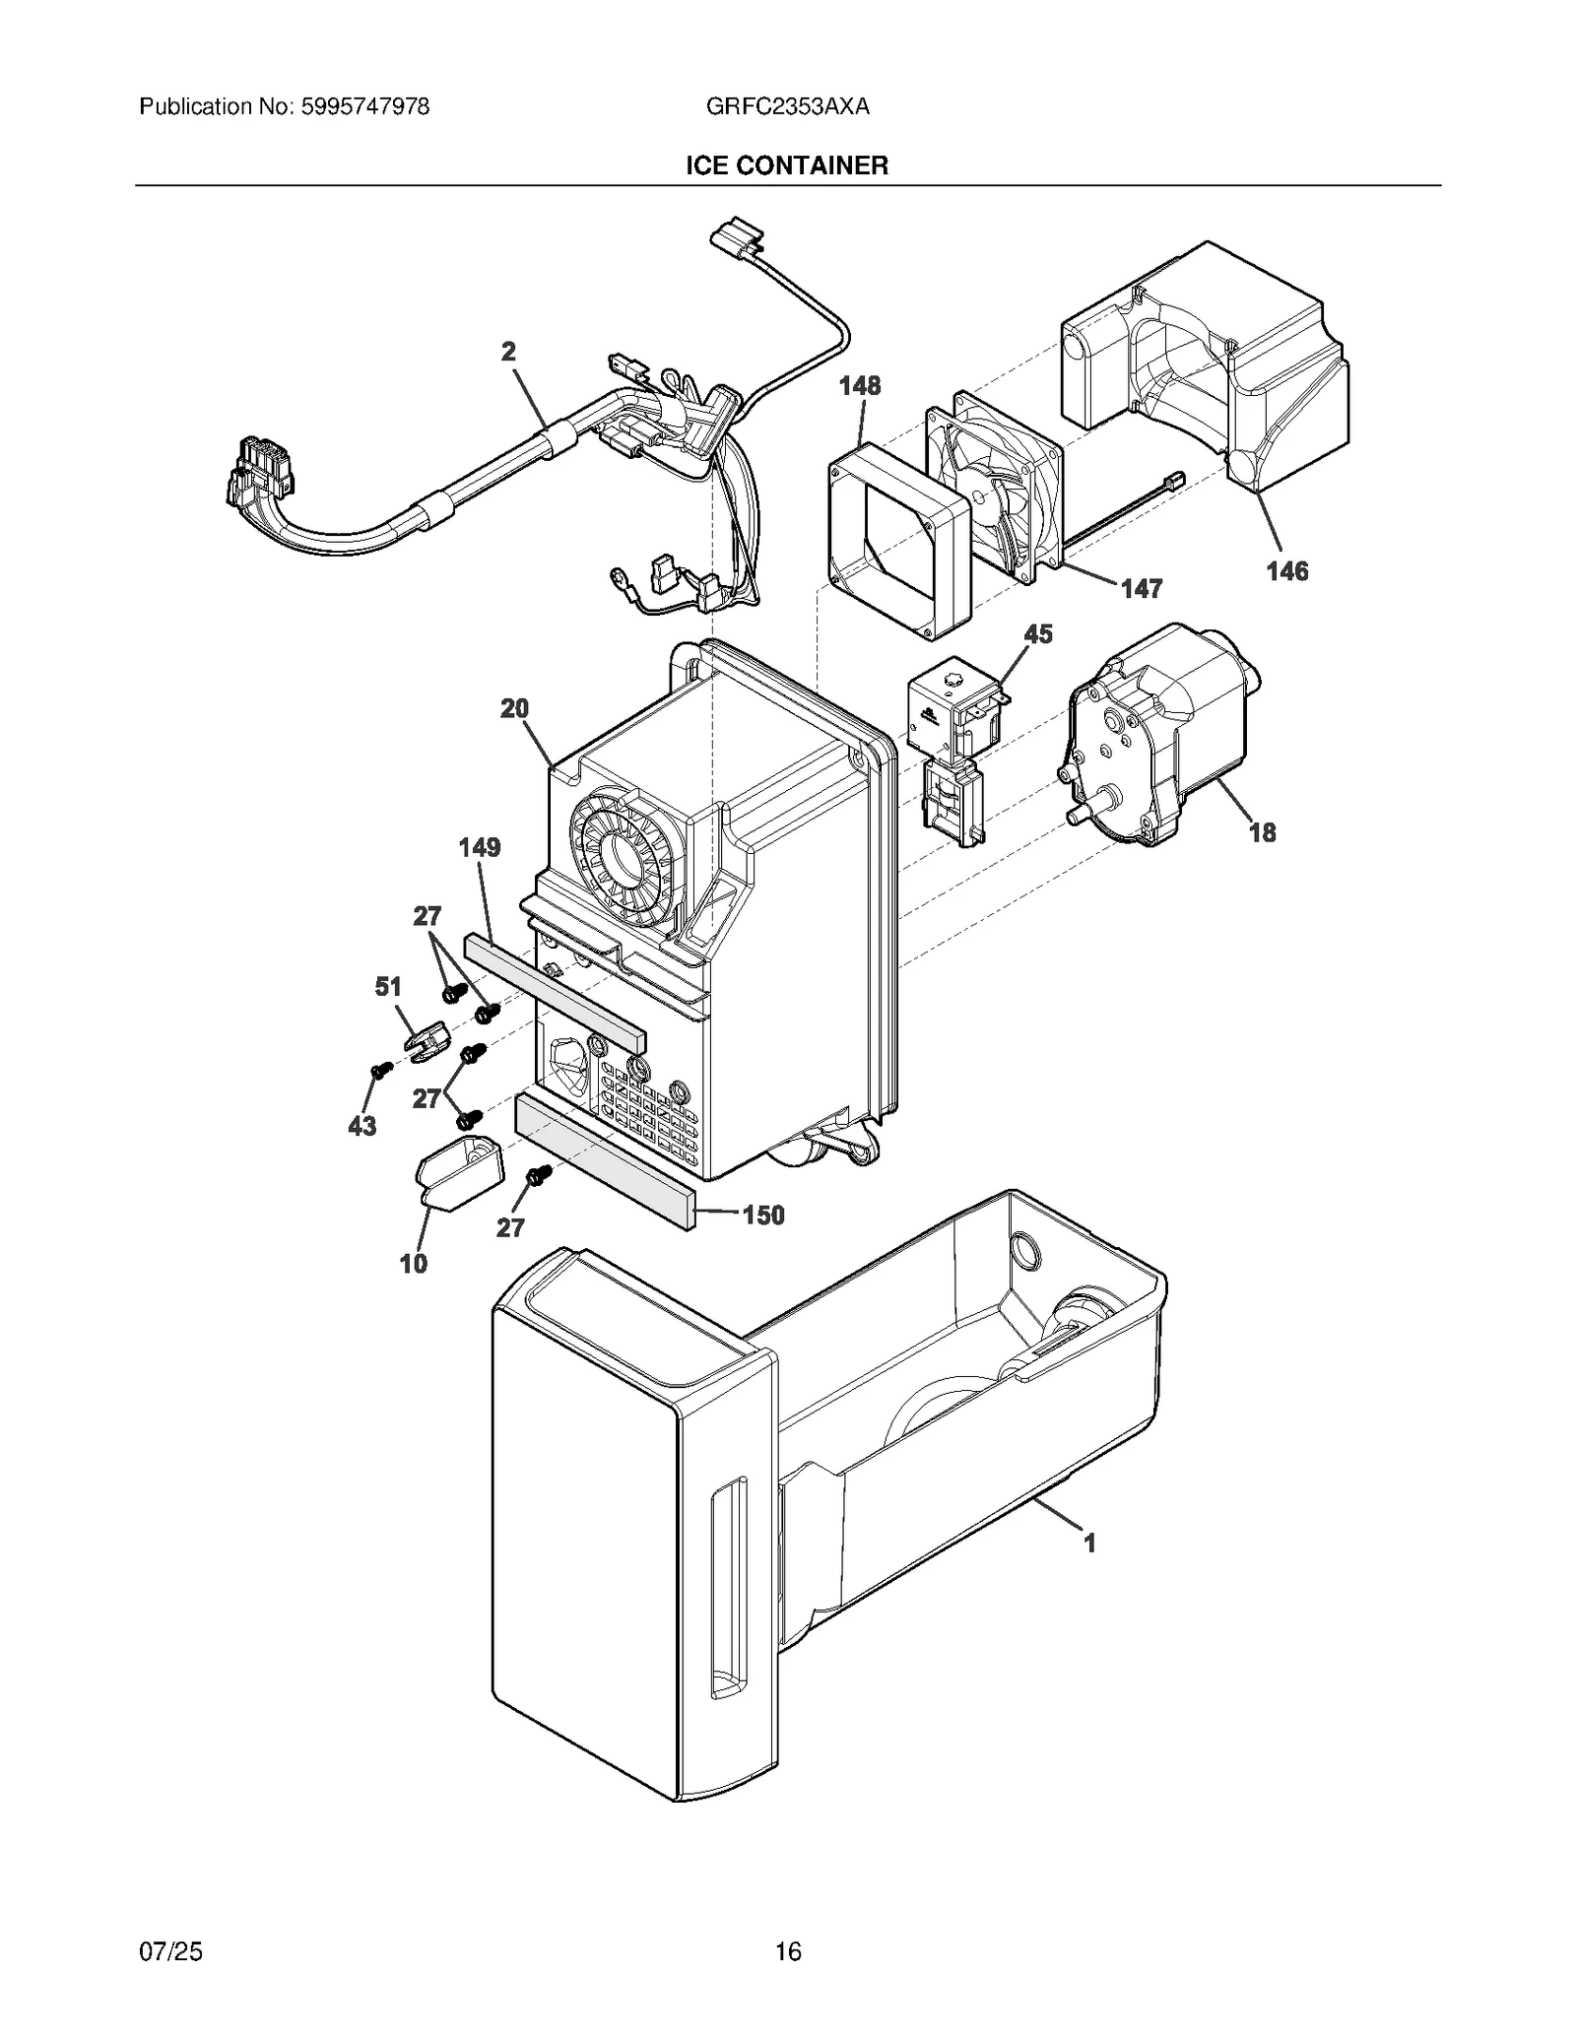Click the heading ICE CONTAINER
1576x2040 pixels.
coord(787,165)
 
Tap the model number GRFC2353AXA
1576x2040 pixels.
coord(787,106)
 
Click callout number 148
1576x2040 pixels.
coord(860,385)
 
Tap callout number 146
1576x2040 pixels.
coord(1286,570)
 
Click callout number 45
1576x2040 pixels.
coord(1038,633)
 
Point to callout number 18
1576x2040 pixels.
coord(1262,832)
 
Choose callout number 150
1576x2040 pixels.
coord(763,1215)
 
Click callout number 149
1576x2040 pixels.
coord(479,847)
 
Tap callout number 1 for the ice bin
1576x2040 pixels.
coord(1089,1543)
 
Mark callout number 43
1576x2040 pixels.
coord(361,1125)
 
